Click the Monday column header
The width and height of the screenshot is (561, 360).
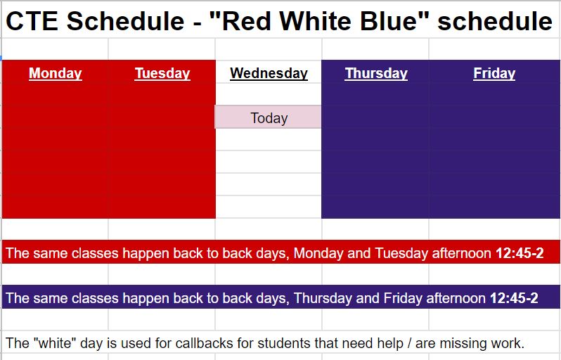click(56, 73)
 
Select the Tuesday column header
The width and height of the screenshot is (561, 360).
click(162, 73)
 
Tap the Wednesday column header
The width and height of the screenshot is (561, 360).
click(269, 73)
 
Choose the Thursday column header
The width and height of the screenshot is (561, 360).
click(376, 73)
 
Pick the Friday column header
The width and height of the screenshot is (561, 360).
click(494, 73)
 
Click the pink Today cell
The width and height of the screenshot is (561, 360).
click(268, 117)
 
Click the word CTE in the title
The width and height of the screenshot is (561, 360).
click(32, 21)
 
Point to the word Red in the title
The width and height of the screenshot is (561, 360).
click(247, 21)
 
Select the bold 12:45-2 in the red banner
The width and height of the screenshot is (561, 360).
click(520, 253)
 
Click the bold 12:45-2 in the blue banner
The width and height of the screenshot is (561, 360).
click(514, 297)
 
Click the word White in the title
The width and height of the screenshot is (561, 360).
click(316, 21)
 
